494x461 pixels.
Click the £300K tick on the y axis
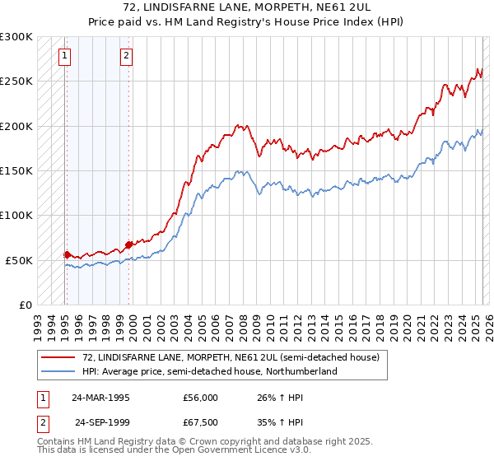click(16, 37)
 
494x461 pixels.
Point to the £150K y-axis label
click(16, 171)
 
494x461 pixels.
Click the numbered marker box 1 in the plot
click(65, 56)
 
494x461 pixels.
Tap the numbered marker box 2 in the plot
click(126, 56)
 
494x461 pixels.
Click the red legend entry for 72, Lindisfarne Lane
click(231, 358)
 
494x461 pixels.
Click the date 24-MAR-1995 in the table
click(101, 398)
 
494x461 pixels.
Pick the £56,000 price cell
click(201, 398)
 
